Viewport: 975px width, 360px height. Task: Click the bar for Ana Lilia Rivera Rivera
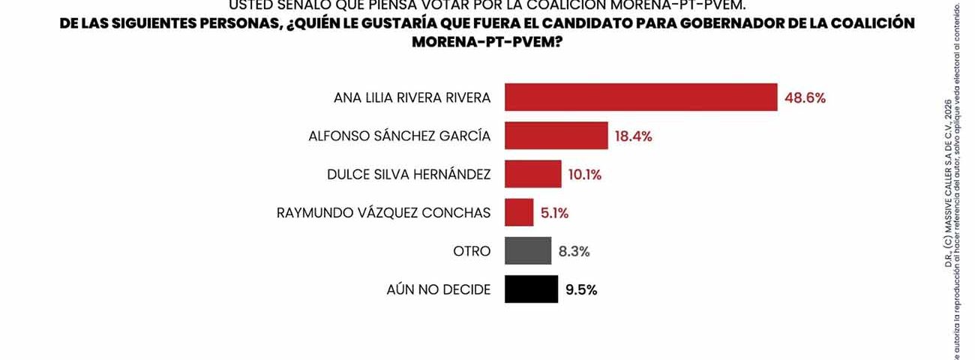click(x=640, y=97)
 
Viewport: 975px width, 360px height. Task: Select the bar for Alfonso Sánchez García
click(x=556, y=136)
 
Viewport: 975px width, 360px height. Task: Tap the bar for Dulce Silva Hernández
click(x=532, y=174)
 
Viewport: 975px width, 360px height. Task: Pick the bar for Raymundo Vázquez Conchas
click(x=519, y=212)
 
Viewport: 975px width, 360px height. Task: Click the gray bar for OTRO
click(x=528, y=250)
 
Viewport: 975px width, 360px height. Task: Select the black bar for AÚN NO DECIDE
click(x=531, y=289)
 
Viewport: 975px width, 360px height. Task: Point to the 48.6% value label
click(x=805, y=98)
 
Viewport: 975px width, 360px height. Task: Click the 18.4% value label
click(x=633, y=136)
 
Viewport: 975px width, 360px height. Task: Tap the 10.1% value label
click(x=585, y=175)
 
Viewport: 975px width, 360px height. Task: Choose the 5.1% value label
click(x=554, y=213)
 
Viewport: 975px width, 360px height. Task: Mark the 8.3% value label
click(x=574, y=251)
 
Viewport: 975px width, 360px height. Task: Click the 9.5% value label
click(x=581, y=290)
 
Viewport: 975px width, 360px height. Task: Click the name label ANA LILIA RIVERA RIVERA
click(x=412, y=98)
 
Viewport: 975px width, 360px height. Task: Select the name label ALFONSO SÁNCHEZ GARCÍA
click(x=400, y=136)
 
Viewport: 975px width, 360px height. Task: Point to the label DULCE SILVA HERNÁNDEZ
click(x=409, y=175)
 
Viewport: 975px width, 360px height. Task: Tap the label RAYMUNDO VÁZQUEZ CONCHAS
click(x=383, y=213)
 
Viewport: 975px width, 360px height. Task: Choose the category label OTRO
click(x=472, y=251)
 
